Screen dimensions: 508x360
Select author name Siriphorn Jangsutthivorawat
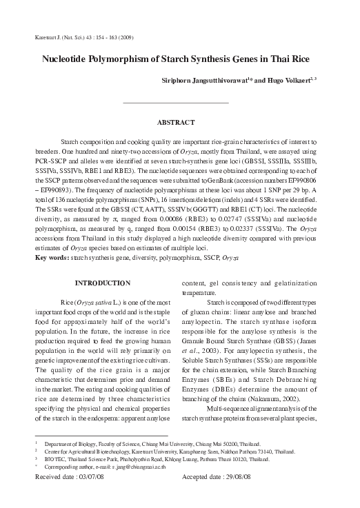[217, 81]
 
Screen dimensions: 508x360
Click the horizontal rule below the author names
[175, 103]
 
